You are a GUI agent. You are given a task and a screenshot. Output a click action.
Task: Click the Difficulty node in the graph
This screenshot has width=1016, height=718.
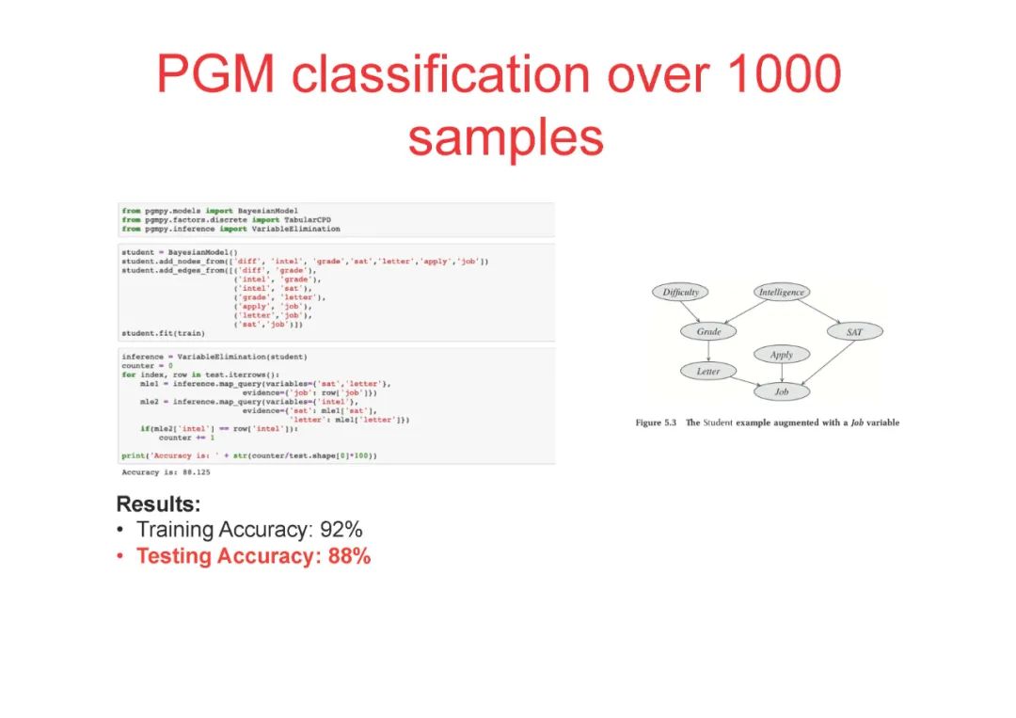[x=680, y=293]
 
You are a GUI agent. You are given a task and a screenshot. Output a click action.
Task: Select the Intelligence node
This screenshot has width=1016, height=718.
[x=782, y=293]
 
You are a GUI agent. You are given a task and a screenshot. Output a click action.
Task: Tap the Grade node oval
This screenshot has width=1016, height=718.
[x=708, y=332]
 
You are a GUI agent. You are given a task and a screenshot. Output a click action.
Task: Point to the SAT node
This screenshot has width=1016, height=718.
[x=854, y=332]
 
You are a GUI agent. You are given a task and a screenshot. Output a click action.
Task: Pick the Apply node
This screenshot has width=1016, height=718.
[x=782, y=355]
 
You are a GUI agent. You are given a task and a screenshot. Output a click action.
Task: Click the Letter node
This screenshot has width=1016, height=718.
[x=708, y=372]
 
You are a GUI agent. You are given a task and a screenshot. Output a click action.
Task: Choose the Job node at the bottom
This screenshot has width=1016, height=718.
[x=782, y=391]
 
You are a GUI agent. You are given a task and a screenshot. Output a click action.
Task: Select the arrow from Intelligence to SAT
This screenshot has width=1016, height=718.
[x=818, y=311]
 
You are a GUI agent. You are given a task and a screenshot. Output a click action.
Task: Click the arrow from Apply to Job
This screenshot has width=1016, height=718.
[x=782, y=373]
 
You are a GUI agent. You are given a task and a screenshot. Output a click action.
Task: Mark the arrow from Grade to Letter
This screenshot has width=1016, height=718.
[x=708, y=352]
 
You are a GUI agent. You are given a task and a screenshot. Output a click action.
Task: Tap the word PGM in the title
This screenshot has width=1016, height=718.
[x=217, y=73]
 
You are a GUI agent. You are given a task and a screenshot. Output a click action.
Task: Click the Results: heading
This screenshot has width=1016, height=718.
[x=158, y=503]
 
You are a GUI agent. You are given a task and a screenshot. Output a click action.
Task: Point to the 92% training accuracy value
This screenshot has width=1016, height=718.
[x=342, y=530]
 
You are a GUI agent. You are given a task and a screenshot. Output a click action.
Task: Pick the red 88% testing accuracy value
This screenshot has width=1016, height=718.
[x=349, y=556]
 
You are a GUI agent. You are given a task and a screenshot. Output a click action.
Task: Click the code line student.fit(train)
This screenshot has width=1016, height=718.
[x=163, y=333]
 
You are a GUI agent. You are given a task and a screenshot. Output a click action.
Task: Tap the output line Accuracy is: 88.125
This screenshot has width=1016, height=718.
[x=165, y=472]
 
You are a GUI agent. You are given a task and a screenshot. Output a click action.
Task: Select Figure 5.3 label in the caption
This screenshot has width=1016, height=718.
[x=657, y=423]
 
